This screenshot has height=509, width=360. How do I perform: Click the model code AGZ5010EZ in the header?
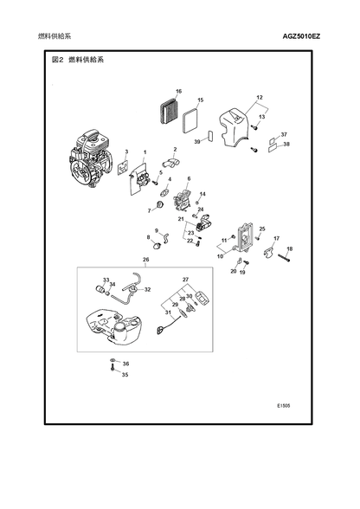click(x=301, y=36)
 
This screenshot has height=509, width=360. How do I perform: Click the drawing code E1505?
click(x=284, y=406)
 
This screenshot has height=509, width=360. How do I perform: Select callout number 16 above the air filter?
click(x=178, y=91)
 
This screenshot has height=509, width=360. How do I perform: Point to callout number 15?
click(x=200, y=100)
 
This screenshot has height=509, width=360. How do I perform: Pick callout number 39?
click(x=197, y=142)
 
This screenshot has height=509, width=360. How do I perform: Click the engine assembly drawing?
click(x=90, y=159)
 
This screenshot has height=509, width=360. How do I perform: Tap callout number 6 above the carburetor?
click(x=189, y=178)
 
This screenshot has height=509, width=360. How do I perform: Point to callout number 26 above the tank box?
click(x=145, y=260)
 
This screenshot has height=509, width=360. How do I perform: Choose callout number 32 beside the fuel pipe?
click(x=147, y=289)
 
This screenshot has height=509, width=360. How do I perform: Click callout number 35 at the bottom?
click(x=125, y=375)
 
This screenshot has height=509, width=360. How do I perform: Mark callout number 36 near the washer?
click(x=125, y=364)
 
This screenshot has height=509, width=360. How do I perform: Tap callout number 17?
click(x=276, y=239)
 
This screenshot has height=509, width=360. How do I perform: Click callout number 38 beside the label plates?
click(x=286, y=144)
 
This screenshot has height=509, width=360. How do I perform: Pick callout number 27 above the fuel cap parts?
click(x=185, y=280)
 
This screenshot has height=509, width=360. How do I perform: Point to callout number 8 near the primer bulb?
click(x=149, y=237)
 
